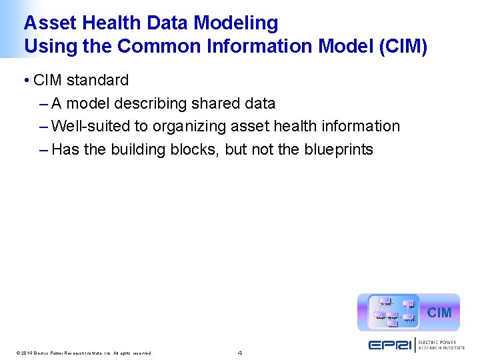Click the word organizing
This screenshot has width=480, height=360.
189,127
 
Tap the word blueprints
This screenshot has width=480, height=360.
338,150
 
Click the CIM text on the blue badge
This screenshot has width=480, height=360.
439,313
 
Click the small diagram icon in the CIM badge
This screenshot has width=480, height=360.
394,312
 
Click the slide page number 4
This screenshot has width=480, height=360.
240,352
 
